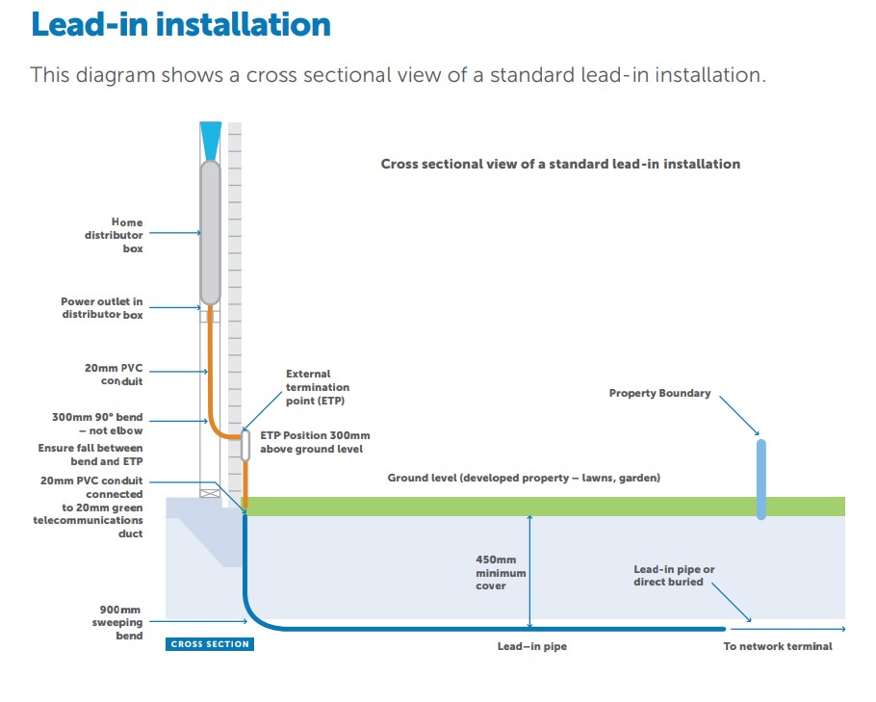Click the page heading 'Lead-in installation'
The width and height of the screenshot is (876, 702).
coord(181,25)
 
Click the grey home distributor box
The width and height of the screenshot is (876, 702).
coord(209,231)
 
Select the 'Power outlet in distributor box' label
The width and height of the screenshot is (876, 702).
coord(102,308)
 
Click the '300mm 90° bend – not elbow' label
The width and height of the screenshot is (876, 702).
coord(97,425)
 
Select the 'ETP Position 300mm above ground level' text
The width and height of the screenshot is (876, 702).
coord(312,441)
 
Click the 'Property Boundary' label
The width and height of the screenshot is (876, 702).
coord(659,393)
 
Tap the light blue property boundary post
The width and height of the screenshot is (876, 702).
coord(761,479)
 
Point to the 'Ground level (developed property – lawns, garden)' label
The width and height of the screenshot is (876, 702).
coord(524,478)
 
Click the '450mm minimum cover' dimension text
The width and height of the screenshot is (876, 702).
coord(501,572)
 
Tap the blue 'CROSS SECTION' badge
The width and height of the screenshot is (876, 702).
coord(210,644)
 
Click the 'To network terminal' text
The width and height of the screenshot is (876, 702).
coord(778,646)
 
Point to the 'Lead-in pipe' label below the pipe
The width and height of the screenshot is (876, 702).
coord(531,646)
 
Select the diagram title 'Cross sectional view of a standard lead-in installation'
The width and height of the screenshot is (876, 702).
coord(560,164)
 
